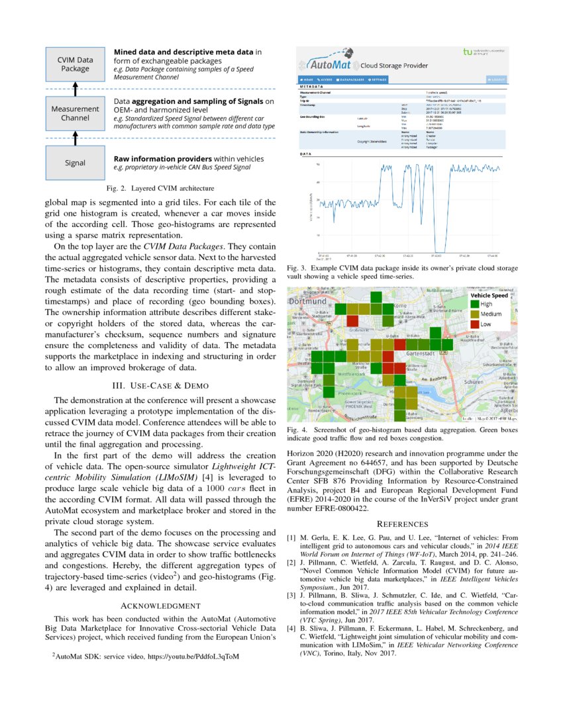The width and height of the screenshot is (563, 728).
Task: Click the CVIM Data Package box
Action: (76, 64)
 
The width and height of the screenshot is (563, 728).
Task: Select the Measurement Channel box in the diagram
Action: (76, 114)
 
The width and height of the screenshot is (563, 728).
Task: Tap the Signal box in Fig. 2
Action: (75, 163)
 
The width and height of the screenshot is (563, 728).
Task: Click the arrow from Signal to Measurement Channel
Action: (75, 138)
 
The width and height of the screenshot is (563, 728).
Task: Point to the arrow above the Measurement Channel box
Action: (75, 89)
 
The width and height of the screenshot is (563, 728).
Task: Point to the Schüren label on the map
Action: (474, 382)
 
